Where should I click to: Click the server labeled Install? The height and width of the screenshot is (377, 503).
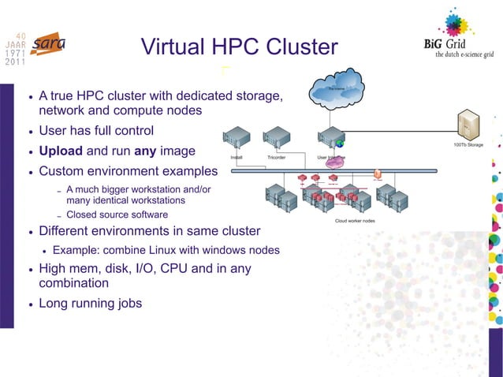(236, 140)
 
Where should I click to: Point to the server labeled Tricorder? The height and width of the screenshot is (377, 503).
(277, 140)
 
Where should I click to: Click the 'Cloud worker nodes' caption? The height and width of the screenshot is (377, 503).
(355, 221)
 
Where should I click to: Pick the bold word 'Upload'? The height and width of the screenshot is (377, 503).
(61, 150)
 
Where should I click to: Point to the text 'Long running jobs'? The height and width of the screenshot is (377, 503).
(91, 302)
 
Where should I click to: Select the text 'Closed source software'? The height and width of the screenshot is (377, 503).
(117, 215)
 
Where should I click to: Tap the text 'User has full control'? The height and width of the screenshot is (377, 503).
(96, 130)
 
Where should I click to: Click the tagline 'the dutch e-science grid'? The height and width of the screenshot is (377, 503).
(458, 55)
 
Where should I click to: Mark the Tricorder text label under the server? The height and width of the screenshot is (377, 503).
(277, 158)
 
